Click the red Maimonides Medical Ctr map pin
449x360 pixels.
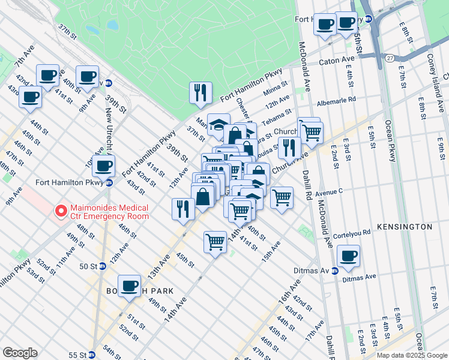click(60, 211)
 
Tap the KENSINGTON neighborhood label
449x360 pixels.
click(405, 227)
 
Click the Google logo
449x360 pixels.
click(20, 353)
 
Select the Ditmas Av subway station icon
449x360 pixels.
click(334, 271)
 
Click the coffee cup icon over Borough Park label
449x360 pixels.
click(130, 285)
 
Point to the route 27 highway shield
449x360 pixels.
click(390, 58)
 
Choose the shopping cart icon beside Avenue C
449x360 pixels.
click(282, 197)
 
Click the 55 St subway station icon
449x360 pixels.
click(91, 355)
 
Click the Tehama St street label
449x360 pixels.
click(280, 113)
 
